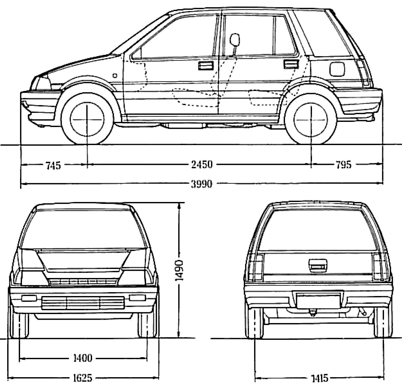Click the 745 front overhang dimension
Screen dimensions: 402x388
[x=53, y=165]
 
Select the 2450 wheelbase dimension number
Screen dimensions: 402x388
[x=202, y=164]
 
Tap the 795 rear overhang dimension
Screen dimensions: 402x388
[x=343, y=164]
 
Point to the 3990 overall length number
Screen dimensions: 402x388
[x=202, y=184]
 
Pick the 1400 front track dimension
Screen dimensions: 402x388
[x=83, y=358]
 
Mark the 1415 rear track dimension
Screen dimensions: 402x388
[x=320, y=378]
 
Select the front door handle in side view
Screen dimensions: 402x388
[x=206, y=66]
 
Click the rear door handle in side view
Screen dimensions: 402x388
[x=291, y=64]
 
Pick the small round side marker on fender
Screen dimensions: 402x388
[x=115, y=75]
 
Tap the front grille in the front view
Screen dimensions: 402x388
[x=83, y=302]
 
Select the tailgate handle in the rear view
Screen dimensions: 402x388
[x=318, y=265]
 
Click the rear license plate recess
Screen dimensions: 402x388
[x=318, y=301]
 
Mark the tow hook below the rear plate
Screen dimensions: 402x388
[x=313, y=313]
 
